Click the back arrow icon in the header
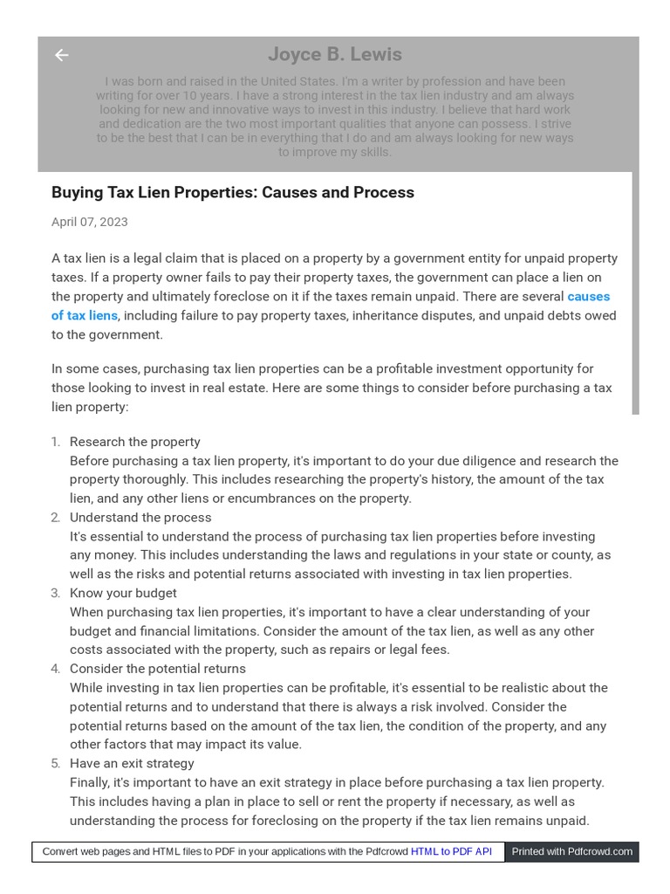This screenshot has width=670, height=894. [x=61, y=55]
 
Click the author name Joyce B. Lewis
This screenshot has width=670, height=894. [x=335, y=54]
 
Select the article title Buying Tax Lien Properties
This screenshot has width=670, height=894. [x=232, y=192]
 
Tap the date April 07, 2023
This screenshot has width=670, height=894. [x=89, y=222]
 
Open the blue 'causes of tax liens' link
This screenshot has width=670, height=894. [x=85, y=315]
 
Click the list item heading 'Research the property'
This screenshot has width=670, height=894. [x=134, y=442]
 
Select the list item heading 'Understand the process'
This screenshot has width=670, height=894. [x=140, y=517]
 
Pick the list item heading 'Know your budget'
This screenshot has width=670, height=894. [x=123, y=593]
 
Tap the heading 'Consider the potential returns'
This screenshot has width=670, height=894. [x=157, y=669]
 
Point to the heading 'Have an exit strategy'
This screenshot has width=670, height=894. [x=132, y=763]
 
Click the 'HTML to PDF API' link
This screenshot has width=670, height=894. [x=451, y=851]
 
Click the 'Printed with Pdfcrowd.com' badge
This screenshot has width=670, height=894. [x=571, y=851]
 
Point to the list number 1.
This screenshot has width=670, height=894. [x=55, y=442]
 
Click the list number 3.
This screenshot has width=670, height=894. [x=55, y=593]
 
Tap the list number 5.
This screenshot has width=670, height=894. [x=55, y=763]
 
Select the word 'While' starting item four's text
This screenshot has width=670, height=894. [x=86, y=688]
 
